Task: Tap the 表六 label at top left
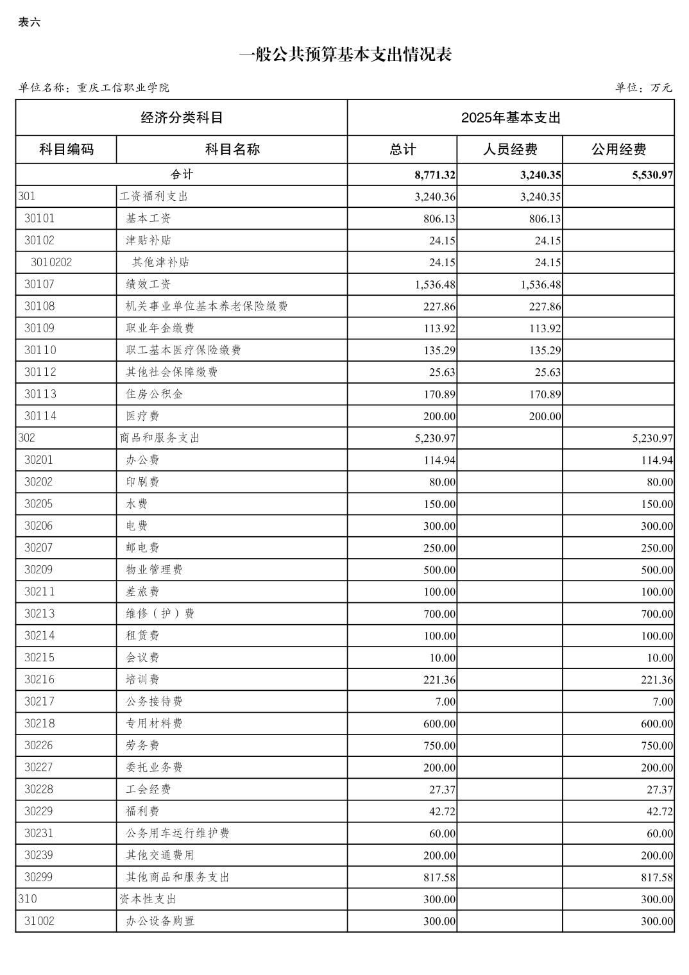coord(30,22)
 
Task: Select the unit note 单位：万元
coord(643,88)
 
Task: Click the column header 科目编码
coord(66,149)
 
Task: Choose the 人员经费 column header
coord(510,149)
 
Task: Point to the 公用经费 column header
coord(618,149)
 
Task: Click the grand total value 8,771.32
coord(435,175)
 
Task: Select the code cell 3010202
coord(51,262)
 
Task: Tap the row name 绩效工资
coord(148,284)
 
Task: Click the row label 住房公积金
coord(154,394)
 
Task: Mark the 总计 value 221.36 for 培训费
coord(439,680)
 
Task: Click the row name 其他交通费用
coord(160,855)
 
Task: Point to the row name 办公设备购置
coord(160,921)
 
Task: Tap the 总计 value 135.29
coord(439,350)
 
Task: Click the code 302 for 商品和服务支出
coord(27,438)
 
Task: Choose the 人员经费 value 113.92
coord(545,328)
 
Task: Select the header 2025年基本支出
coord(511,118)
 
